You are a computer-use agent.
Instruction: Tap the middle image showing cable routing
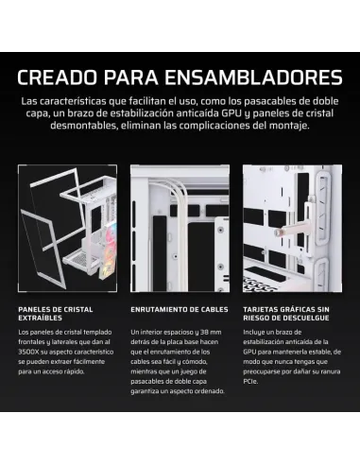(180, 232)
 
